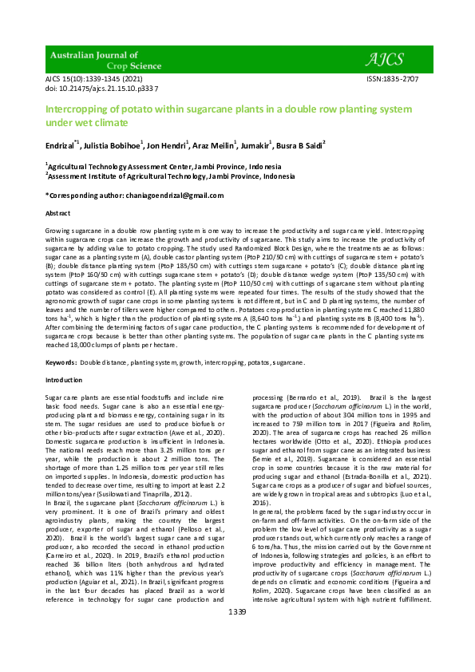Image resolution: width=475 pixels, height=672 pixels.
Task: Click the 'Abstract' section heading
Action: click(x=57, y=215)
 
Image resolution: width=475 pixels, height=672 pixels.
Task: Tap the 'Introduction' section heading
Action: click(x=65, y=381)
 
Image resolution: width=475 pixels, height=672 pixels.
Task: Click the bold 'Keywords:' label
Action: click(x=61, y=362)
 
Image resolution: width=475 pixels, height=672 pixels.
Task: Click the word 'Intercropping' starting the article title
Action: click(x=77, y=109)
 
